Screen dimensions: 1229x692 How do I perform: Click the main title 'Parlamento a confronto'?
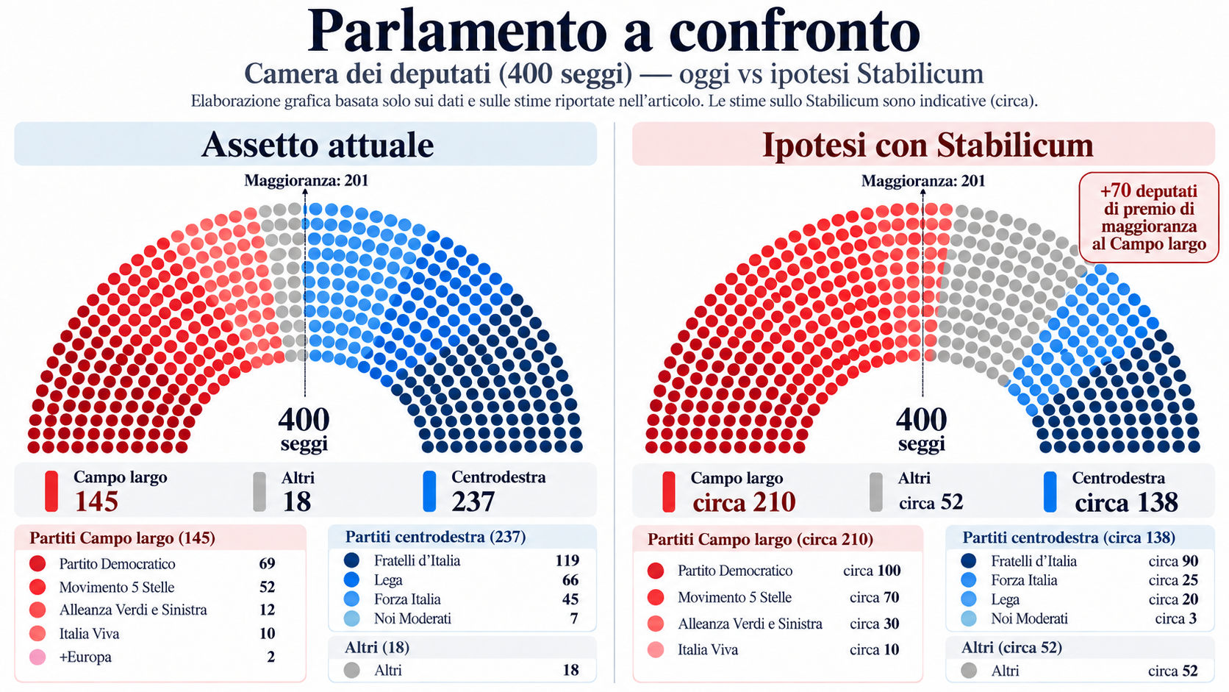click(x=614, y=31)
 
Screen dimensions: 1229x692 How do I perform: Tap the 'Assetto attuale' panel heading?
click(x=318, y=145)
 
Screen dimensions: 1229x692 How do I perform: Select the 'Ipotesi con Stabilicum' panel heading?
click(x=928, y=145)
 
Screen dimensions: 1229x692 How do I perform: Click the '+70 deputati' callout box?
click(x=1149, y=218)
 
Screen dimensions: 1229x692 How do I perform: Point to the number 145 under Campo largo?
click(x=96, y=501)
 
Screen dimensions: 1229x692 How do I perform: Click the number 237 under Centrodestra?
click(x=473, y=501)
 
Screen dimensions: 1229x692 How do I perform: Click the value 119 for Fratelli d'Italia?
click(x=567, y=560)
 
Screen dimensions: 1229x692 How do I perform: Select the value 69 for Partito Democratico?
click(x=268, y=563)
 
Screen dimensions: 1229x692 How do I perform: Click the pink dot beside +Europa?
click(x=38, y=657)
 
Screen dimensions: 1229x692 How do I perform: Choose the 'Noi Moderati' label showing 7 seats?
click(x=412, y=618)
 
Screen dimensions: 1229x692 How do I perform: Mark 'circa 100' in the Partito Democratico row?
click(x=872, y=571)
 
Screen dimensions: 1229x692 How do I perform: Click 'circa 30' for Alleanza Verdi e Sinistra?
click(x=875, y=624)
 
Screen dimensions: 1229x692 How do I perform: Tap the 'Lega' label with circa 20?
click(x=1005, y=599)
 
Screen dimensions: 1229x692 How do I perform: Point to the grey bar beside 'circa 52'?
click(x=876, y=492)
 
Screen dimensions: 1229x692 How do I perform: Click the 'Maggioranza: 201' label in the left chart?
click(x=307, y=181)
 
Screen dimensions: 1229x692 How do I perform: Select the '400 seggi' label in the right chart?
click(x=922, y=429)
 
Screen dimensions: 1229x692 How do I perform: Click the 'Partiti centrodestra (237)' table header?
click(x=436, y=536)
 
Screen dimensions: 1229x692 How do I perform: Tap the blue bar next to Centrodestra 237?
click(x=429, y=492)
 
